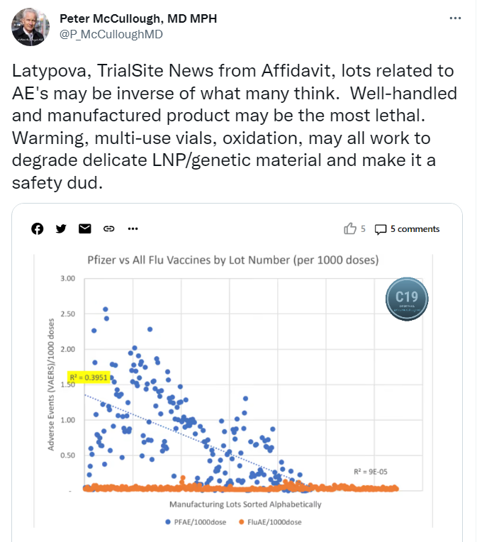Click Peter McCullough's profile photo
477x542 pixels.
30,28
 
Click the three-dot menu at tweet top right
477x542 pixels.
456,18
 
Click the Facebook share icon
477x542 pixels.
38,228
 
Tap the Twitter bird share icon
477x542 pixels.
61,228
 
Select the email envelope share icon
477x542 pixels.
85,228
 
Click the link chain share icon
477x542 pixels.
109,228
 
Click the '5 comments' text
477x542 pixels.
415,229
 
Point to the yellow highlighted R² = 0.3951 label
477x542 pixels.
89,377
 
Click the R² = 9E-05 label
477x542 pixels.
371,471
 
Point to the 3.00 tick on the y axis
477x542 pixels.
67,279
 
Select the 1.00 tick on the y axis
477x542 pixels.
67,420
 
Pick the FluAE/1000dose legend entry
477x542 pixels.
274,522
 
